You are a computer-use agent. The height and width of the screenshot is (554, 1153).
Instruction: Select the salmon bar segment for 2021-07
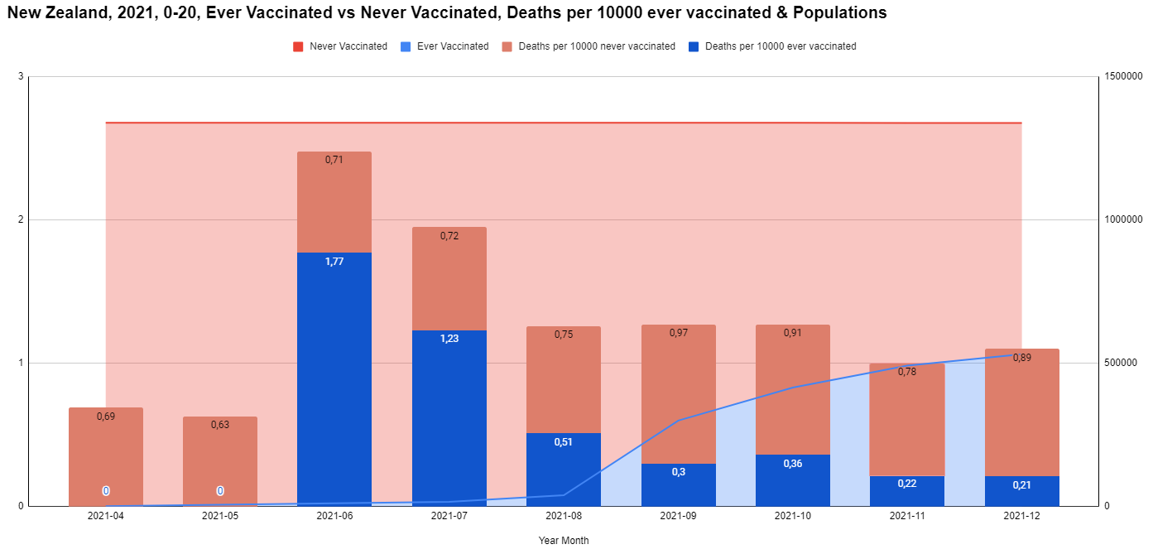pos(449,278)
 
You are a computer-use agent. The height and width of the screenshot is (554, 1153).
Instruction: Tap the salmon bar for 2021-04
pos(106,456)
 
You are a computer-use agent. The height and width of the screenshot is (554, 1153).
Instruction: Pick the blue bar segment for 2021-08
pos(564,469)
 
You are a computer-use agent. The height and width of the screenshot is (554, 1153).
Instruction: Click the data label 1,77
pos(334,262)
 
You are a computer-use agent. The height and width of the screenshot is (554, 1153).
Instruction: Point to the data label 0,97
pos(679,333)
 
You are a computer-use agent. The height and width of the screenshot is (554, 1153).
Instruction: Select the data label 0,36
pos(793,464)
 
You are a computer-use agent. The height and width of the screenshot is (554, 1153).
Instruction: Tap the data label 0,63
pos(220,425)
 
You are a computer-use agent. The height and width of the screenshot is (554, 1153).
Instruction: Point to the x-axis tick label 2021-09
pos(679,516)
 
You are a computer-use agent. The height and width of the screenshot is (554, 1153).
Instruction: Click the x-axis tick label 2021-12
pos(1021,516)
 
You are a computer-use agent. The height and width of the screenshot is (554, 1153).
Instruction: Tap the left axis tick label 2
pos(20,219)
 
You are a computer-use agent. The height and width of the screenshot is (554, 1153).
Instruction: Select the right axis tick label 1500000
pos(1124,77)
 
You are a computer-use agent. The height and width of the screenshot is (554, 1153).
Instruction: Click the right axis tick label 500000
pos(1122,363)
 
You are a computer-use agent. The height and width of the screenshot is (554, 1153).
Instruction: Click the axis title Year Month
pos(564,541)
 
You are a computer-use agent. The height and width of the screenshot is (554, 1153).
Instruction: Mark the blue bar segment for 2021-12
pos(1021,491)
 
